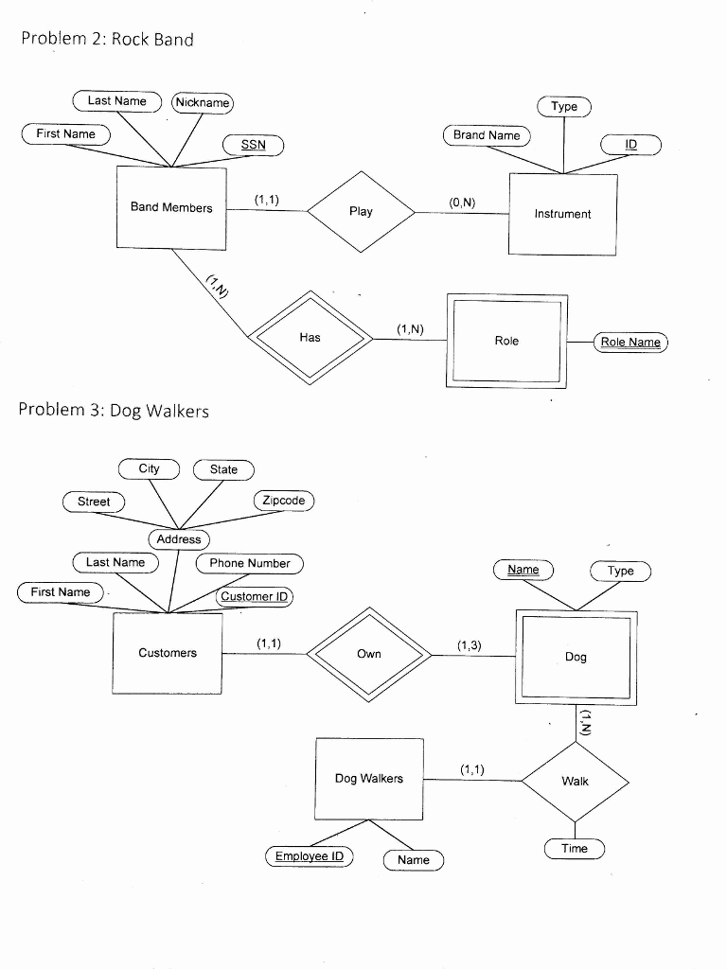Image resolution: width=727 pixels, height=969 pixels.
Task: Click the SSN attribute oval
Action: (253, 145)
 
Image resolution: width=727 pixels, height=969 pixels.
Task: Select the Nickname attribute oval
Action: (202, 102)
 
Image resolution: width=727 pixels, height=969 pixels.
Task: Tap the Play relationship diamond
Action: (361, 212)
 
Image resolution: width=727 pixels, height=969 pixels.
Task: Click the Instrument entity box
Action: (562, 215)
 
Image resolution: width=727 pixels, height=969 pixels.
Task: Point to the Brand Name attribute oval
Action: (487, 135)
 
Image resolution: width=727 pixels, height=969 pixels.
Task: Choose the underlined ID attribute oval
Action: (631, 145)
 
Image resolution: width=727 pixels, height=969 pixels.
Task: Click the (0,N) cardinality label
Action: (463, 203)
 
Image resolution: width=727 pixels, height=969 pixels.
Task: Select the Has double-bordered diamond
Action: (310, 337)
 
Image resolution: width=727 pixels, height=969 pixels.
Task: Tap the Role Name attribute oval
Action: (630, 342)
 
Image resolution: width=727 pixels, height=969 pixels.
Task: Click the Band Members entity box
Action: (171, 208)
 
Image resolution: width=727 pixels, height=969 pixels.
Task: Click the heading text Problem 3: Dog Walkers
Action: (114, 411)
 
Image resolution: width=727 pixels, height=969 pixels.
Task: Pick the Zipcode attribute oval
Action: (284, 501)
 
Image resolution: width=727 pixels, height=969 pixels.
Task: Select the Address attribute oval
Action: (179, 539)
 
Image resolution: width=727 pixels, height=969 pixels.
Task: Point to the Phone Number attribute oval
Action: (250, 563)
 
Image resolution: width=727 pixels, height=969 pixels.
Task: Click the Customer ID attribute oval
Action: (256, 596)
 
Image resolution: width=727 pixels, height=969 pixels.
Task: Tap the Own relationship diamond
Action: (369, 654)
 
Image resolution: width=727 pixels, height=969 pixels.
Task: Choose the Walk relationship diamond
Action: (575, 782)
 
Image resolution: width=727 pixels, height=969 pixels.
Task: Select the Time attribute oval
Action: (575, 849)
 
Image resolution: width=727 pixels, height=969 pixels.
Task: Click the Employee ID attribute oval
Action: (309, 856)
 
